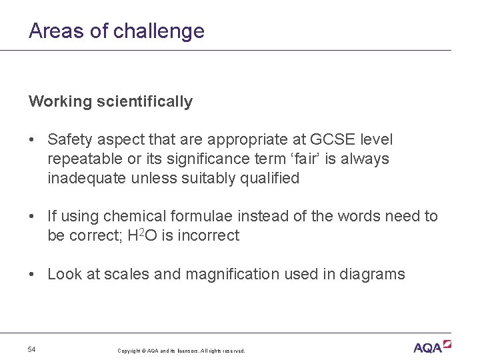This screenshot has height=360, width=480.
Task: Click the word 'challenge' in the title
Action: pyautogui.click(x=159, y=31)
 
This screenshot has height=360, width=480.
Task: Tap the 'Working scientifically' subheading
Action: pyautogui.click(x=111, y=102)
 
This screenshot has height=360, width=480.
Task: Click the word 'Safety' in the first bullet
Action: pyautogui.click(x=69, y=140)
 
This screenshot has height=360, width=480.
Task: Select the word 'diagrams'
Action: pyautogui.click(x=374, y=274)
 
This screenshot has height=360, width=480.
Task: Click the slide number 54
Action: pyautogui.click(x=32, y=350)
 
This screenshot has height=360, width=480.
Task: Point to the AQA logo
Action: pyautogui.click(x=431, y=347)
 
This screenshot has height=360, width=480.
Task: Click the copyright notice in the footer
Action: pyautogui.click(x=181, y=351)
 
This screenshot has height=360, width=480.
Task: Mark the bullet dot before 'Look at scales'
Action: pyautogui.click(x=32, y=274)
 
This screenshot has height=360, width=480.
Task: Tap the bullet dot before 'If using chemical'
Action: pyautogui.click(x=32, y=217)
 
